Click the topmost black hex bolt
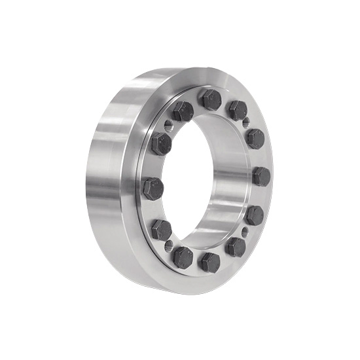pyautogui.click(x=211, y=100)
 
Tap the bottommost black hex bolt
pyautogui.click(x=209, y=262)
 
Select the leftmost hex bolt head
pyautogui.click(x=153, y=189)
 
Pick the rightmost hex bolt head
pyautogui.click(x=261, y=176)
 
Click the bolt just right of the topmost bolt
pyautogui.click(x=237, y=110)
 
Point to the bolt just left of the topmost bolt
pyautogui.click(x=183, y=111)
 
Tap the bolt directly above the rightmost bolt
pyautogui.click(x=255, y=138)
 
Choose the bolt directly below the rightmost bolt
pyautogui.click(x=254, y=215)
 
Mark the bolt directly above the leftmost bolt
pyautogui.click(x=161, y=144)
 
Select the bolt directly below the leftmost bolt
pyautogui.click(x=161, y=230)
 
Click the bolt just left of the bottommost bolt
pyautogui.click(x=183, y=257)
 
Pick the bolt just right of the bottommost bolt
pyautogui.click(x=235, y=247)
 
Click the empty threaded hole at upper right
pyautogui.click(x=246, y=122)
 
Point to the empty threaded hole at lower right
pyautogui.click(x=245, y=232)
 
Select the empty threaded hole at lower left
pyautogui.click(x=169, y=246)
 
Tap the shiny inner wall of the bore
pyautogui.click(x=229, y=180)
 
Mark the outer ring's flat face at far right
pyautogui.click(x=272, y=196)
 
